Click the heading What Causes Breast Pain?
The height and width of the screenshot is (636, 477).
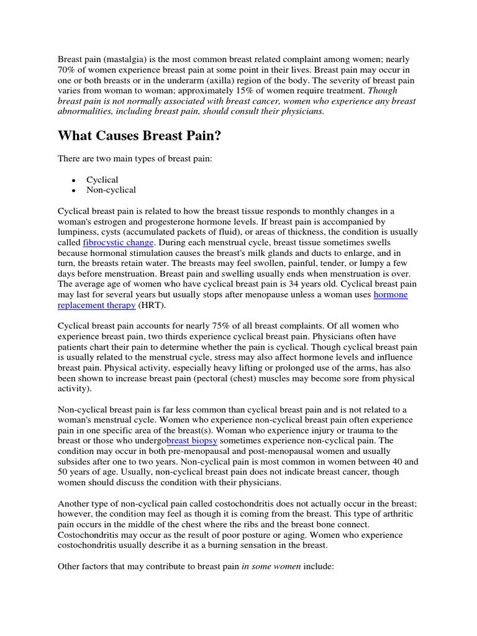click(x=139, y=136)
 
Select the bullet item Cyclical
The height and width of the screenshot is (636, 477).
click(x=102, y=179)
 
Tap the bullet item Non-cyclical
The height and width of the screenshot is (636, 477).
click(x=111, y=190)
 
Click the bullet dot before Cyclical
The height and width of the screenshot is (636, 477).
click(x=74, y=180)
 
